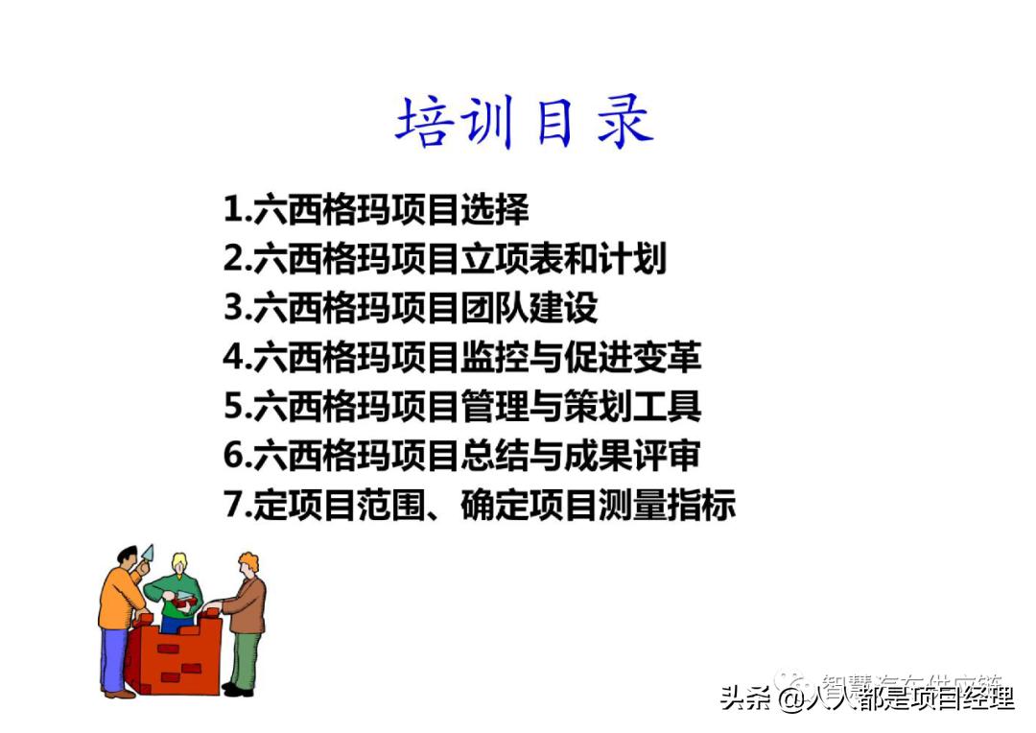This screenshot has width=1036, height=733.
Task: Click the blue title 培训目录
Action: point(524,124)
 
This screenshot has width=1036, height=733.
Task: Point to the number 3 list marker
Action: point(233,307)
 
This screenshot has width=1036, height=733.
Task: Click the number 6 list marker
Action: point(233,456)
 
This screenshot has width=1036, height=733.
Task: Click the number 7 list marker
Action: point(233,505)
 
